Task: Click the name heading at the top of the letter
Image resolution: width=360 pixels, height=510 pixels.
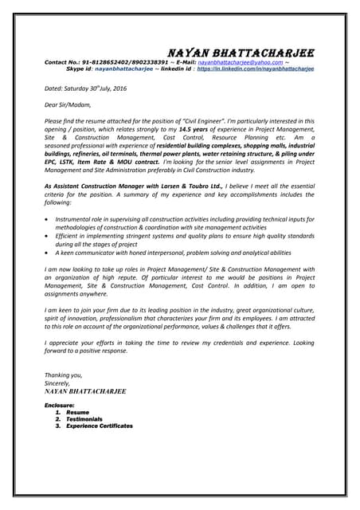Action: [238, 53]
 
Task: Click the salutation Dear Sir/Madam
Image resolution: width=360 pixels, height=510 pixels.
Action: [68, 104]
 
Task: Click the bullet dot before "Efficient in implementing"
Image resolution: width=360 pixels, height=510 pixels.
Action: [50, 236]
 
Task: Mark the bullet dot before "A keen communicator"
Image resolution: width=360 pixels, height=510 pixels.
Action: [50, 253]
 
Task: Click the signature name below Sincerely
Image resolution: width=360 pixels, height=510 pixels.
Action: [85, 391]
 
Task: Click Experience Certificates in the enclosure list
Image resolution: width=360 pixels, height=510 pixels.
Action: [100, 426]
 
